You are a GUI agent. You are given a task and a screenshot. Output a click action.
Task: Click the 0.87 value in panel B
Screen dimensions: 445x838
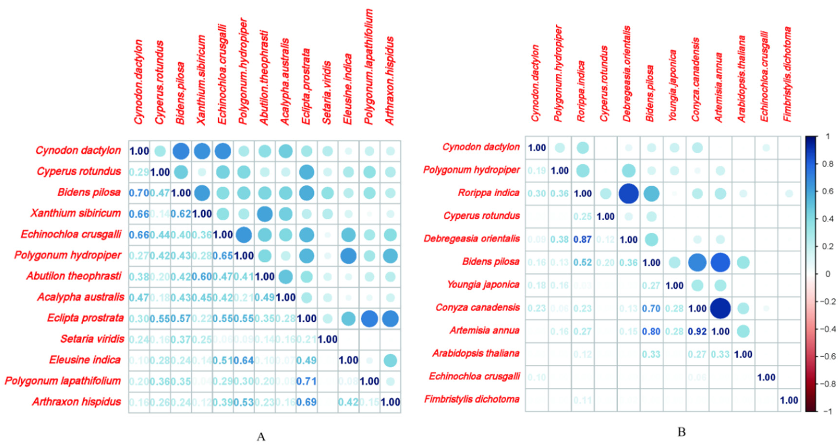coord(582,240)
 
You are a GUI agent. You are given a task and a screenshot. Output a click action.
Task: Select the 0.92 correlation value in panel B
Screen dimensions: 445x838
coord(697,332)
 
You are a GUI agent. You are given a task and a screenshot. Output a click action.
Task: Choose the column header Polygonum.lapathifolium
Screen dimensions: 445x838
coord(369,67)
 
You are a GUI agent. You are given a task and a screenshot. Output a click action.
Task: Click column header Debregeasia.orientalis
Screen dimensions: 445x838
coord(627,74)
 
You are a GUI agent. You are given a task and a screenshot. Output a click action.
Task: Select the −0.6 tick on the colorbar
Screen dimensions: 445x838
coord(826,356)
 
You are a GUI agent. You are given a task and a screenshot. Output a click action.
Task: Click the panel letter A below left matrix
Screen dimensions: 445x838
coord(261,437)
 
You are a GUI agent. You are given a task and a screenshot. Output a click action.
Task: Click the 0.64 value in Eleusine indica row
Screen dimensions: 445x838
coord(244,360)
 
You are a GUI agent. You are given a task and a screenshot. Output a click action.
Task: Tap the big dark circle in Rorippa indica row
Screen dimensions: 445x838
coord(628,193)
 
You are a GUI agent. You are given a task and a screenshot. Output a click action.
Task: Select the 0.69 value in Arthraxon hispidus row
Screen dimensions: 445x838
coord(306,402)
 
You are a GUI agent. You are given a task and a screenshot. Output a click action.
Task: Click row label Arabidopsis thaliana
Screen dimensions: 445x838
coord(476,353)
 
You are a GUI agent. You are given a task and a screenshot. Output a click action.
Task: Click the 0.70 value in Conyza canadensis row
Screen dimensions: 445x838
coord(651,309)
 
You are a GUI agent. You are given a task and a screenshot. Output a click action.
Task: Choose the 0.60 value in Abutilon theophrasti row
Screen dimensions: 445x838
coord(202,277)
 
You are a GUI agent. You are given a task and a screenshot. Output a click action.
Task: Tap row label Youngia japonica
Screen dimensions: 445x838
coord(483,285)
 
